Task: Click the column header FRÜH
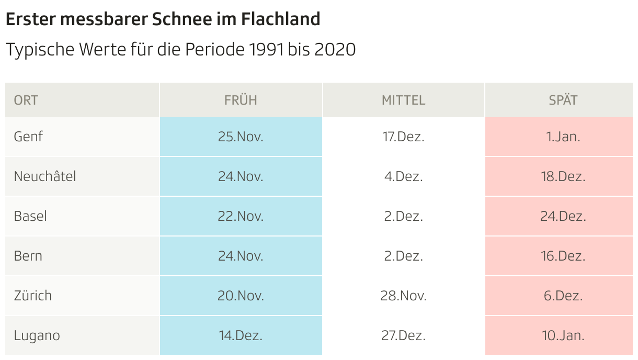coord(241,100)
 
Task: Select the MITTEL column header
coord(403,100)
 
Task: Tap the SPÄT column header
coord(563,100)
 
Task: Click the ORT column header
coord(26,100)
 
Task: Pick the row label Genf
coord(28,137)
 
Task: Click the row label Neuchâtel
coord(45,176)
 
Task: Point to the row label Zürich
coord(33,296)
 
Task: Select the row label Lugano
coord(37,335)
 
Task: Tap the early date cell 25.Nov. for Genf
coord(241,137)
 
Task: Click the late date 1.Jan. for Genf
coord(563,137)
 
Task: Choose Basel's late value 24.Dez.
coord(563,216)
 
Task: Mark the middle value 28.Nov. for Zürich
coord(403,296)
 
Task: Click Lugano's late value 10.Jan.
coord(563,335)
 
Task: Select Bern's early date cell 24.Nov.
coord(241,256)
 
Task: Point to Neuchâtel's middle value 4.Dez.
coord(403,176)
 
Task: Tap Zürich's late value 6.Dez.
coord(563,296)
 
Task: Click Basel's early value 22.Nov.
coord(241,216)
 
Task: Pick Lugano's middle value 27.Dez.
coord(403,335)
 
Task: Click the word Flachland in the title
coord(280,19)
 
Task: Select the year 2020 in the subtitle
coord(335,50)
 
